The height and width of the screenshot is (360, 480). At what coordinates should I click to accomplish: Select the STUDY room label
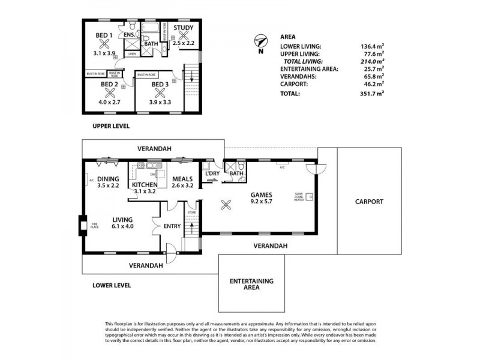[x=184, y=28]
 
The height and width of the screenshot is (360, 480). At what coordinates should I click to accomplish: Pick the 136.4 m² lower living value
[x=370, y=46]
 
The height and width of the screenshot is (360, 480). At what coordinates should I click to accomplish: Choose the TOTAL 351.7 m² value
[x=370, y=94]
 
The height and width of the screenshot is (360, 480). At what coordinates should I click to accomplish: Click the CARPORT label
[x=368, y=202]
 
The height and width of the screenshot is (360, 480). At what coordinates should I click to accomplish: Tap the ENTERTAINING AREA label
[x=251, y=284]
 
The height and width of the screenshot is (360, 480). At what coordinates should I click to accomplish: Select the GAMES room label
[x=263, y=195]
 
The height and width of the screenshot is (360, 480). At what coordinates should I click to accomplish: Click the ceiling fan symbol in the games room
[x=227, y=205]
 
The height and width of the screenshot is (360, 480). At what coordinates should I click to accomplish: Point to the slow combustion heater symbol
[x=310, y=196]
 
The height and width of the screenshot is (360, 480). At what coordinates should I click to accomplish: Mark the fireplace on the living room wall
[x=81, y=226]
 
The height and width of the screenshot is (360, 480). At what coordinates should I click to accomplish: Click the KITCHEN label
[x=145, y=185]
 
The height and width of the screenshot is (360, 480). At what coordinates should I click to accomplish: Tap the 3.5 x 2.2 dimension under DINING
[x=109, y=186]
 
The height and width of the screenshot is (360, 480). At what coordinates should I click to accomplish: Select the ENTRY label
[x=172, y=226]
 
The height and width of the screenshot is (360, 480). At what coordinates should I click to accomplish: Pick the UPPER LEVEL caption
[x=111, y=127]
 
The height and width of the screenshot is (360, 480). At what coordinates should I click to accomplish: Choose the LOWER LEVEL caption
[x=112, y=286]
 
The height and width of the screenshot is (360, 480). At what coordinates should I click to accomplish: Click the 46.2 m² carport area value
[x=371, y=85]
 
